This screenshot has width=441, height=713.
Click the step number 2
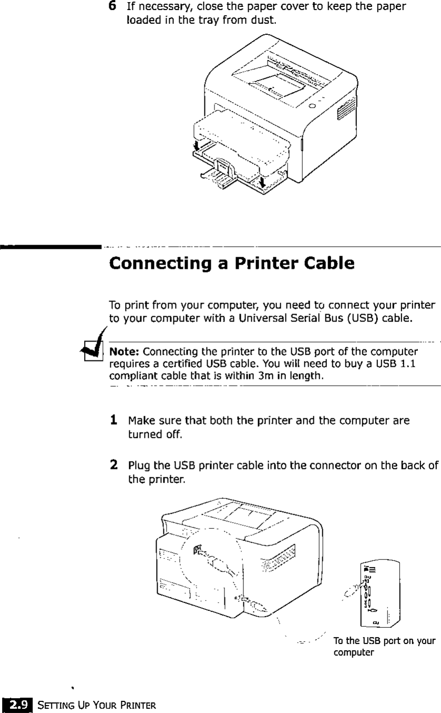click(113, 465)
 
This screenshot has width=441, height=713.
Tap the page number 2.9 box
click(16, 703)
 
